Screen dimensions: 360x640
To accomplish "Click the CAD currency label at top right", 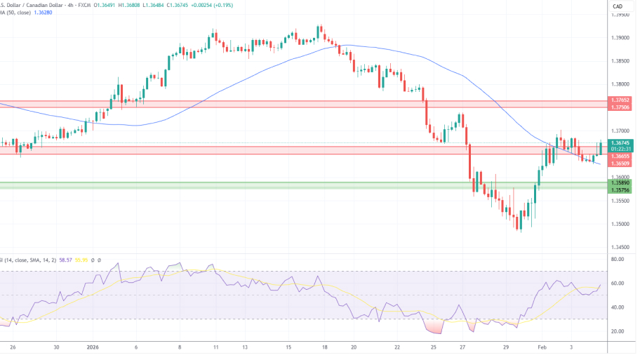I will (x=618, y=6).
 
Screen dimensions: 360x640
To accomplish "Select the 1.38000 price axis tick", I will (x=620, y=84).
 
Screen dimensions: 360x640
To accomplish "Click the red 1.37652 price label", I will (x=620, y=101).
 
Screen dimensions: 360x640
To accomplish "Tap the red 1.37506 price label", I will (x=620, y=107).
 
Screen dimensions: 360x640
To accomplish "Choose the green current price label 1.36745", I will (x=620, y=143).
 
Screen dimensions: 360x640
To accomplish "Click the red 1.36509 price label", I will (x=620, y=164).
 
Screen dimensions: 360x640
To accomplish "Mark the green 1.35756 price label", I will (x=620, y=189).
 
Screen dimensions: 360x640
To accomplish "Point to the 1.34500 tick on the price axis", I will (x=620, y=247).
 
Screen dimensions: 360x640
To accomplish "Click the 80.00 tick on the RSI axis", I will (x=618, y=260).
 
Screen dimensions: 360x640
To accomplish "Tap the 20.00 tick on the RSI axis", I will (x=618, y=331).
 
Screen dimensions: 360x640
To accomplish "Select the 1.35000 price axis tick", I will (x=620, y=224).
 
